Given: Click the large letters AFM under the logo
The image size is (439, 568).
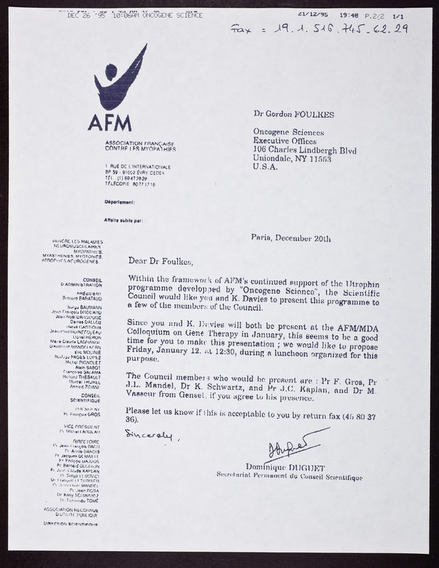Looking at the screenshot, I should click(111, 121).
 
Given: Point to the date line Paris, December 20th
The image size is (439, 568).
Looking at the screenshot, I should click(291, 239).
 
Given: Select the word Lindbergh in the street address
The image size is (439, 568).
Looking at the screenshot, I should click(320, 151).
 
